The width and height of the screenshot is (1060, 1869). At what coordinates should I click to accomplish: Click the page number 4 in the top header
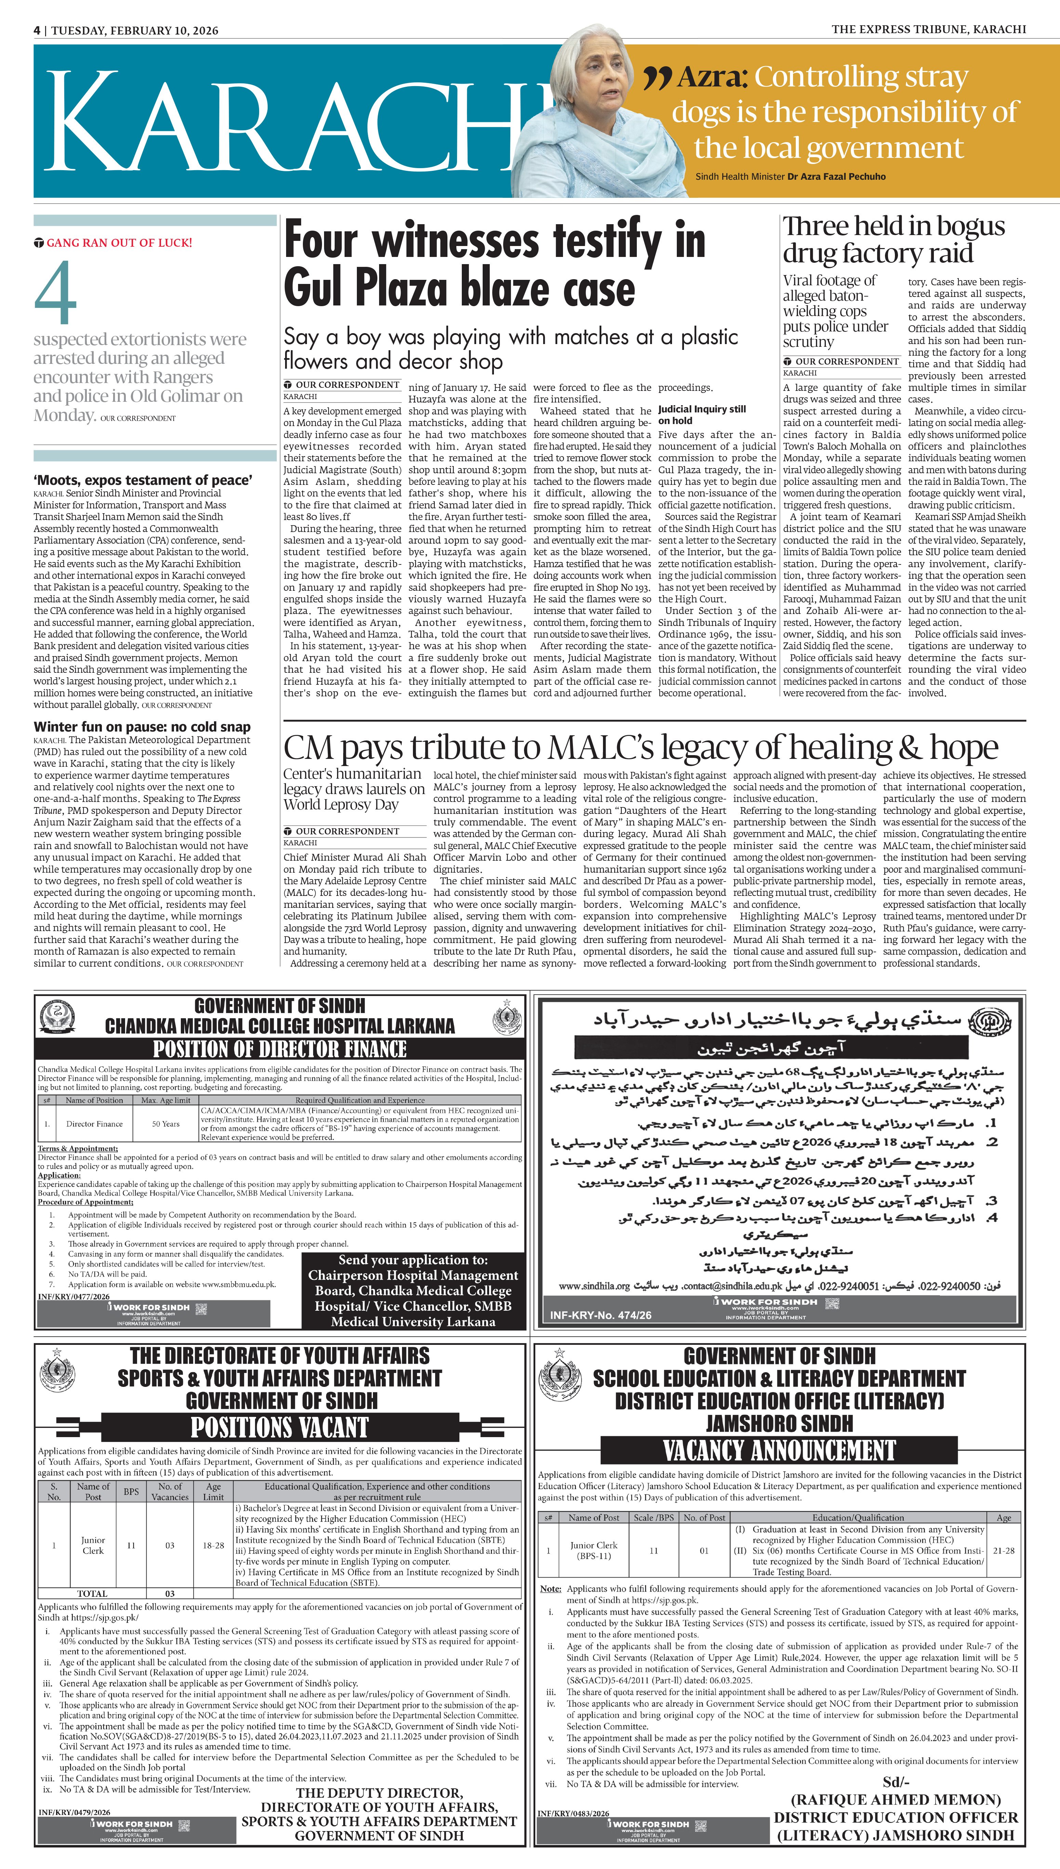tap(36, 30)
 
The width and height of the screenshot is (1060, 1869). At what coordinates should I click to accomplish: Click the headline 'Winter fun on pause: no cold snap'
tap(142, 727)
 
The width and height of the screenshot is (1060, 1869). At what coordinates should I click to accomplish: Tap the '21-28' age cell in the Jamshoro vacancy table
tap(1003, 1550)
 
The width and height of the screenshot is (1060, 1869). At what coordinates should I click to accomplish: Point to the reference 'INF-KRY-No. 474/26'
tap(601, 1315)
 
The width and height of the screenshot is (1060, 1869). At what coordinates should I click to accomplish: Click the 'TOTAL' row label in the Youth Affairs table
tap(92, 1593)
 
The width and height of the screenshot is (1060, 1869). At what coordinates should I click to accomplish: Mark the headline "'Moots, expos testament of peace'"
tap(144, 480)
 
